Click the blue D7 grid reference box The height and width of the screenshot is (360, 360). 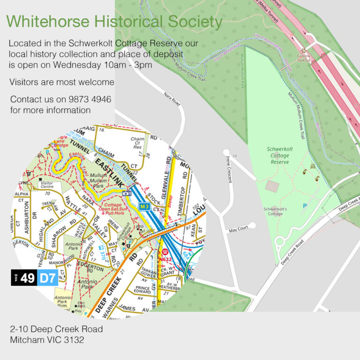tap(48, 278)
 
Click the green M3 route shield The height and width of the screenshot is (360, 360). tap(144, 206)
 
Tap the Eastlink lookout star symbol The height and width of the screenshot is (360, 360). tap(304, 50)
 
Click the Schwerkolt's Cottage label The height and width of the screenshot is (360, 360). tap(279, 211)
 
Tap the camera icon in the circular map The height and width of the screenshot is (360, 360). tap(127, 193)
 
